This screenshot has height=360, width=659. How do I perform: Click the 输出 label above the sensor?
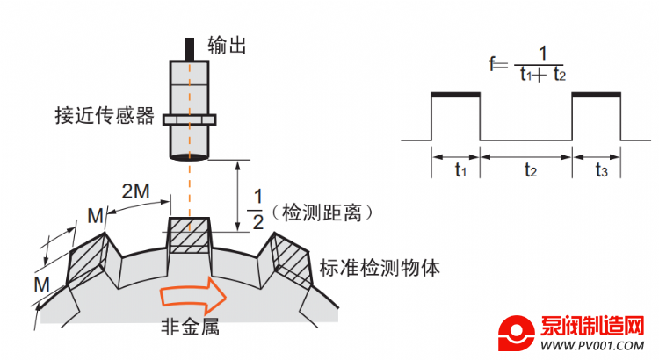(227, 46)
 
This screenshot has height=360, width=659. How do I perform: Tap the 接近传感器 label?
(105, 116)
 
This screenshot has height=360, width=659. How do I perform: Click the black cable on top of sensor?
(190, 49)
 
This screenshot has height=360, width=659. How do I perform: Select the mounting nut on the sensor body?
(190, 119)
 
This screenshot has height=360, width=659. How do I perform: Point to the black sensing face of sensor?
(190, 158)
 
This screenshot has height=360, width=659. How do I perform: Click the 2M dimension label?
(135, 191)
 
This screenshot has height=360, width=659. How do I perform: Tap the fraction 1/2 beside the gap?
(257, 209)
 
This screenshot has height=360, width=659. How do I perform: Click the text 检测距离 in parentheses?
(322, 212)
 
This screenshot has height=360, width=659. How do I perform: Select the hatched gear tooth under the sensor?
(189, 234)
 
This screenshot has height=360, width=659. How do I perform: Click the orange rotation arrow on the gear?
(193, 296)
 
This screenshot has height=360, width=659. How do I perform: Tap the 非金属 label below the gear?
(191, 327)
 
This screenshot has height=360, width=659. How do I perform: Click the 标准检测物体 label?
(380, 268)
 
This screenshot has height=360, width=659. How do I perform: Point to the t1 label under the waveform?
(460, 170)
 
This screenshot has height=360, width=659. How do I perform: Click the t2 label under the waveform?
(531, 170)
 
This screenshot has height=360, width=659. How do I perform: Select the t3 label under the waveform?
(601, 170)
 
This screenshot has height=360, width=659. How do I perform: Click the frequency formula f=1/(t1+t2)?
(528, 64)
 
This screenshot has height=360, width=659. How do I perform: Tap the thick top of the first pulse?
(455, 95)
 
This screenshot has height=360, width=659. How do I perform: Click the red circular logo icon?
(516, 333)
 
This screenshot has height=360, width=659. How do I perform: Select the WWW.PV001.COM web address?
(592, 346)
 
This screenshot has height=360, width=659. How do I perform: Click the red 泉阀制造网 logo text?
(592, 327)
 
